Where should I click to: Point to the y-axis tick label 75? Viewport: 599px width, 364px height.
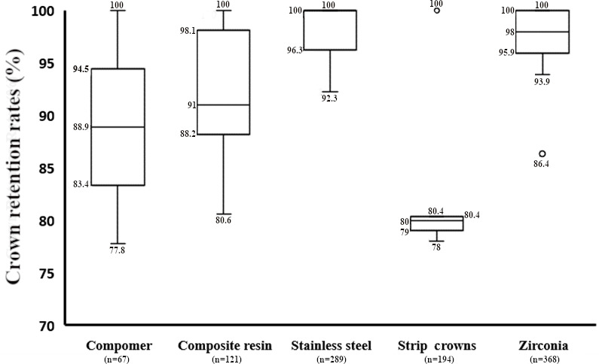(x=47, y=274)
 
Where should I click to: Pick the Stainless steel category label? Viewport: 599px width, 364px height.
(x=331, y=346)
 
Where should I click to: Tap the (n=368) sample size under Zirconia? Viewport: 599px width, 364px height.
(x=544, y=359)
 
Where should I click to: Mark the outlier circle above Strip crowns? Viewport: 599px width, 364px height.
(x=437, y=11)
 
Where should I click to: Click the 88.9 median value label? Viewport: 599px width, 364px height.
(x=81, y=127)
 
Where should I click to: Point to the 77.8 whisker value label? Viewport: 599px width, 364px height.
(x=117, y=250)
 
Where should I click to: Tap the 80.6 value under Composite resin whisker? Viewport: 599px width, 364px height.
(x=223, y=220)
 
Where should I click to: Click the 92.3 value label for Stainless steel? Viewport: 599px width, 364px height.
(x=329, y=98)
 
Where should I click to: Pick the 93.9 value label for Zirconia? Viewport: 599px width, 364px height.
(x=542, y=81)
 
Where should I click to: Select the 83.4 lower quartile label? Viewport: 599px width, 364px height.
(x=81, y=185)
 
